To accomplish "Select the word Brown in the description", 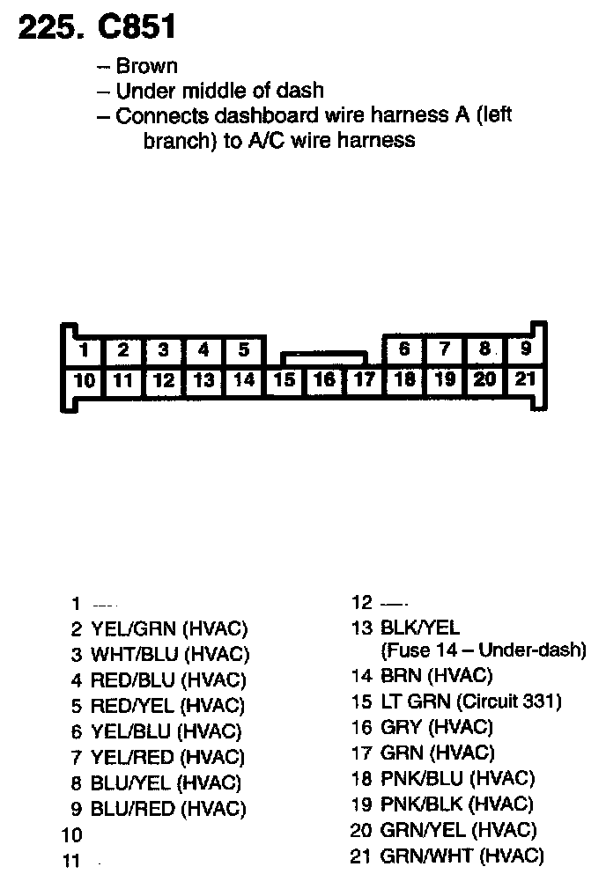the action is click(146, 66).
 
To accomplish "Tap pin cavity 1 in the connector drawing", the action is click(85, 350).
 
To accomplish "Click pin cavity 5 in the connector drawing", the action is click(244, 350).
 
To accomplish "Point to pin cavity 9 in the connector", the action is click(526, 349).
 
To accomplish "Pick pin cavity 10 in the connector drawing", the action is click(85, 381).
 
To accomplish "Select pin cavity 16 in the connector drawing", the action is click(324, 380).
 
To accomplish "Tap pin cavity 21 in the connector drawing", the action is click(526, 379).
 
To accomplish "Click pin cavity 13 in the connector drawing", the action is click(203, 381).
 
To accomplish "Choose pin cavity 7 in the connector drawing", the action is click(445, 349).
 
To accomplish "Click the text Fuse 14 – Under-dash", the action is click(484, 651).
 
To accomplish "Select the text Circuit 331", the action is click(508, 701).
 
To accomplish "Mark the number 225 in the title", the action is click(47, 27).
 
